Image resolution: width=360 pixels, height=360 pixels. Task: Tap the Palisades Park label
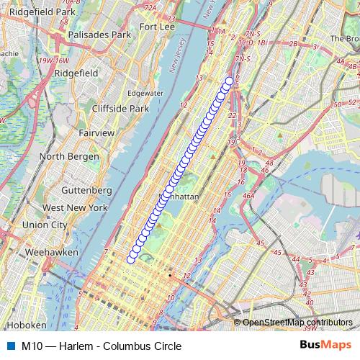coord(99,34)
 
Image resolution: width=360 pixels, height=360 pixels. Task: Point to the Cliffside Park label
coord(120,108)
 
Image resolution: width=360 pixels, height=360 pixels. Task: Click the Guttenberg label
coord(88,190)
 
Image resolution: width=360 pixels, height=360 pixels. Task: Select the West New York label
coord(75,207)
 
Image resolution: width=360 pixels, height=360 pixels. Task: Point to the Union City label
coord(44,225)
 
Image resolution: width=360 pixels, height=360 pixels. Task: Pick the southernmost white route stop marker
coord(131,259)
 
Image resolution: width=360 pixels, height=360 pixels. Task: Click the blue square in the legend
coord(10,346)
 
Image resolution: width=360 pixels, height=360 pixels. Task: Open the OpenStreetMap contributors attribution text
coord(297,323)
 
